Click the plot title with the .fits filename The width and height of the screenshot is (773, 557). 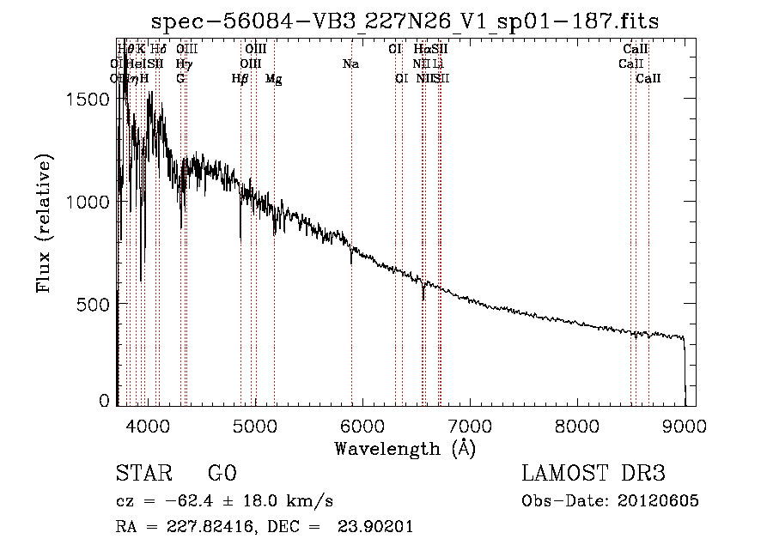pos(405,22)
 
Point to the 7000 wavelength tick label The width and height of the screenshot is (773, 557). pos(470,426)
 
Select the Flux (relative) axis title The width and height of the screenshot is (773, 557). pos(45,224)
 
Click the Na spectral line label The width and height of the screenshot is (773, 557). pos(350,64)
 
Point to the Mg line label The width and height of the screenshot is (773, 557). pos(274,79)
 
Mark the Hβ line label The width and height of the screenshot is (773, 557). pos(240,79)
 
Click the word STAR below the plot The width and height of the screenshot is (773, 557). pos(143,474)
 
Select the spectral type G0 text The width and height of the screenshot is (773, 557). pos(222,474)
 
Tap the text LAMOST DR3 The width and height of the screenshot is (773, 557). pos(593,474)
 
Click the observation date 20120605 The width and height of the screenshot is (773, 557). pos(659,501)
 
